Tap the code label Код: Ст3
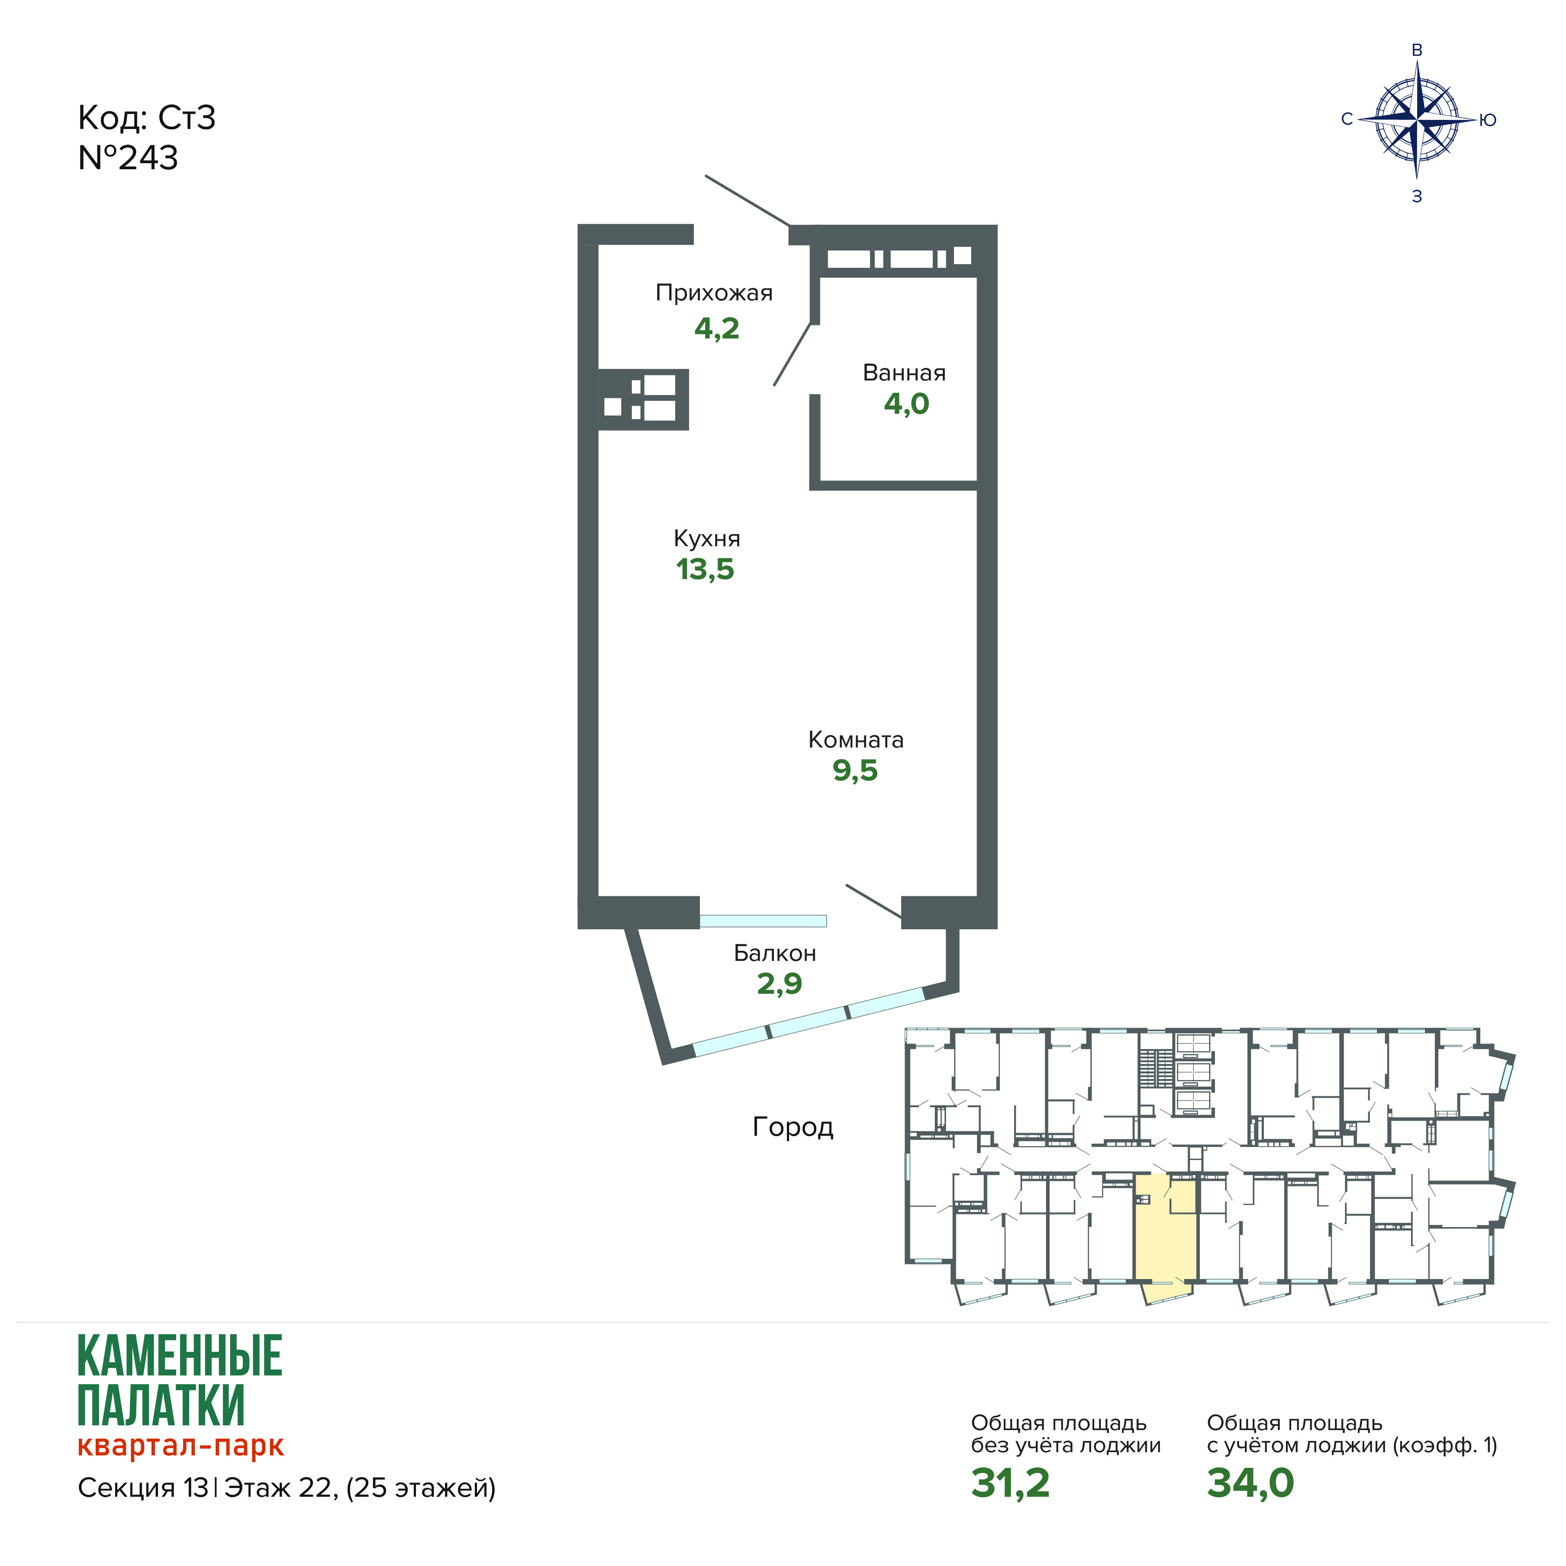147,118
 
